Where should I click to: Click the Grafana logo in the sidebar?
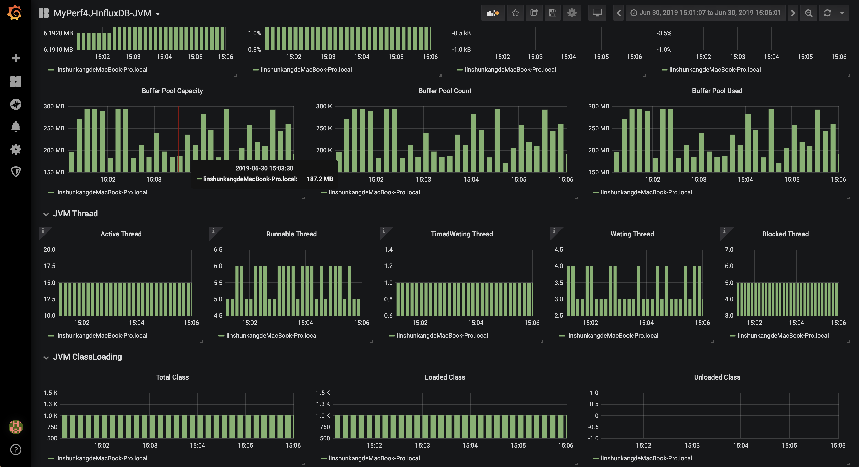coord(15,13)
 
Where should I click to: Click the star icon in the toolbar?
coord(515,13)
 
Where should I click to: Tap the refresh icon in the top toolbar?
coord(827,13)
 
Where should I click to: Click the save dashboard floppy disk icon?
coord(553,13)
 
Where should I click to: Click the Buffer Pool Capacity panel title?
coord(172,91)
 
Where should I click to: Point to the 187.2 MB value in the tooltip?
coord(320,179)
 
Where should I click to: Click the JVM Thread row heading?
coord(75,214)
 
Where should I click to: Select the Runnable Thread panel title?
coord(291,234)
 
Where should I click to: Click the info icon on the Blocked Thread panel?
coord(724,231)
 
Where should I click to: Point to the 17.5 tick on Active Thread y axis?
coord(49,266)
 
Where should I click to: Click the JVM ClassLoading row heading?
coord(87,357)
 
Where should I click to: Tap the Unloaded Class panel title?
coord(717,377)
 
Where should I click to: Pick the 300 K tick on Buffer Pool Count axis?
coord(324,106)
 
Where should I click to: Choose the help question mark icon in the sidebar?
coord(16,450)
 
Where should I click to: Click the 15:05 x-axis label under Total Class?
coord(245,445)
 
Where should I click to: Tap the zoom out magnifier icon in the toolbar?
coord(808,13)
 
